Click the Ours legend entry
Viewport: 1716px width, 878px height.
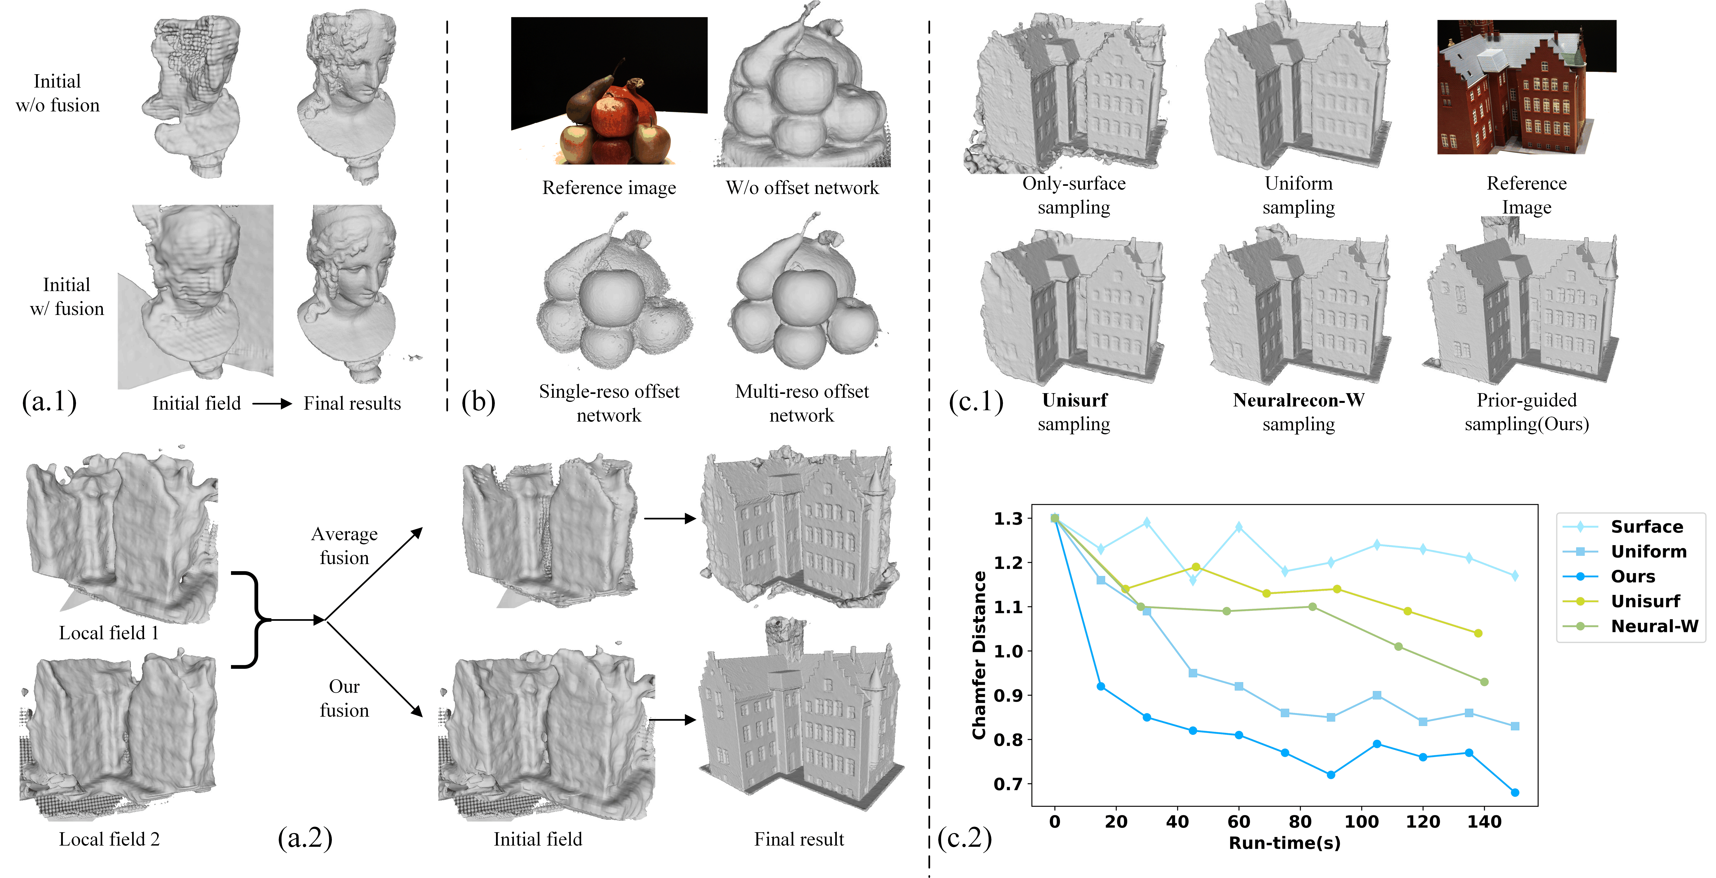coord(1632,576)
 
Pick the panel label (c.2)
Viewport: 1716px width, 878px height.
coord(964,838)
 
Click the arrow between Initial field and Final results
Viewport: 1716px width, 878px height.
coord(272,404)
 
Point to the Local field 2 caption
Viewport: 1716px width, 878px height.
coord(109,839)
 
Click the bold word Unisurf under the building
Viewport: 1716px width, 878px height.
coord(1074,400)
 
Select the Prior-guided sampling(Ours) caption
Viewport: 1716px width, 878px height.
coord(1526,412)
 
